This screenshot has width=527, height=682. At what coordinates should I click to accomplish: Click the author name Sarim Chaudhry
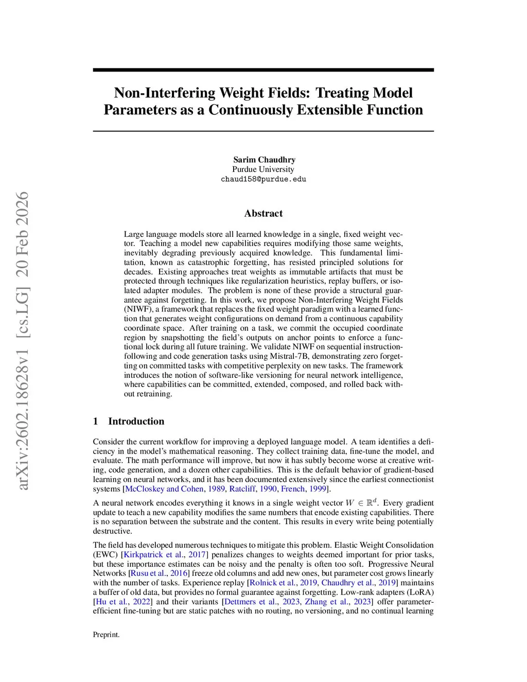[x=264, y=160]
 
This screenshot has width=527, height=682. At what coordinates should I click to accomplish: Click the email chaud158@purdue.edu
[x=263, y=179]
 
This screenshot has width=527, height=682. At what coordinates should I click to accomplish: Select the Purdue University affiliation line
[x=263, y=169]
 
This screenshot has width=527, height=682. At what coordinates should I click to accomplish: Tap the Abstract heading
[x=263, y=213]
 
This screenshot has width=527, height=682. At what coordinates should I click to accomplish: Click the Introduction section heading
[x=136, y=421]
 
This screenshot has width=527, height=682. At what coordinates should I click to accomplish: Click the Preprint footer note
[x=106, y=635]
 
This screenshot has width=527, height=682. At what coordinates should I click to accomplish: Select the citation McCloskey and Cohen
[x=164, y=488]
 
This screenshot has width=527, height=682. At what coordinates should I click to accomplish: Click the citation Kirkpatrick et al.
[x=153, y=554]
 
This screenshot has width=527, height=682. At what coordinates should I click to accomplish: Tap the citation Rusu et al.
[x=148, y=573]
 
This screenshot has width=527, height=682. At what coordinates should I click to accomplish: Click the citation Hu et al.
[x=112, y=602]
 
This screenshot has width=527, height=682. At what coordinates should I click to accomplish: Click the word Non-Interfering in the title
[x=165, y=93]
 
